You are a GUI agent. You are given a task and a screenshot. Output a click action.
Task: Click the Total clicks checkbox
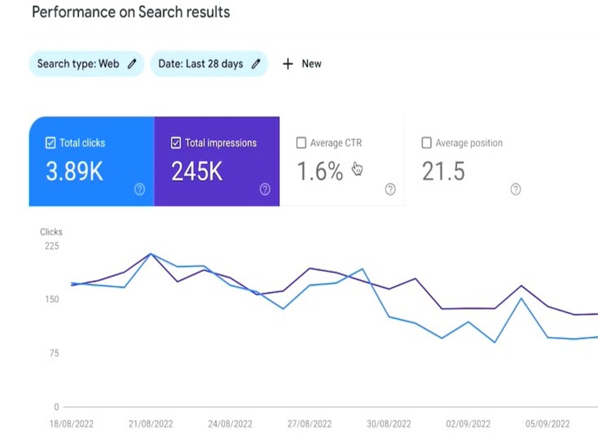pyautogui.click(x=50, y=143)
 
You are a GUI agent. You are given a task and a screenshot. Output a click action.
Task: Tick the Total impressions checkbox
pyautogui.click(x=176, y=143)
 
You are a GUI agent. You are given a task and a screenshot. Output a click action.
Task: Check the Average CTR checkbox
pyautogui.click(x=301, y=143)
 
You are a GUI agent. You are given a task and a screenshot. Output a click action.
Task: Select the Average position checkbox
pyautogui.click(x=426, y=143)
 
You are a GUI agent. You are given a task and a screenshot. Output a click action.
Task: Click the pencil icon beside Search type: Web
pyautogui.click(x=132, y=64)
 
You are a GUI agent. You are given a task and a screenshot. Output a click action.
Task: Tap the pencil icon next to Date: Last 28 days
pyautogui.click(x=256, y=64)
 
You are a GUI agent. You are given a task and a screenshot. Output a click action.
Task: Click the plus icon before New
pyautogui.click(x=288, y=64)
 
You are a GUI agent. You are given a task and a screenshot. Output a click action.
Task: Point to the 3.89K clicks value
pyautogui.click(x=74, y=171)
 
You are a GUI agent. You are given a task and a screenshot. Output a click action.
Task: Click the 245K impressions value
pyautogui.click(x=197, y=171)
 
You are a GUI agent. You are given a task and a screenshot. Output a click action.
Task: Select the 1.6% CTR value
pyautogui.click(x=320, y=171)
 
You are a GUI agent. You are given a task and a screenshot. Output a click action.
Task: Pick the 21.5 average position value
pyautogui.click(x=443, y=171)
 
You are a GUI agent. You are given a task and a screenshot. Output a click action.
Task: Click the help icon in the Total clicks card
pyautogui.click(x=139, y=189)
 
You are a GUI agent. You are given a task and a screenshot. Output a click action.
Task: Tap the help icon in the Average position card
pyautogui.click(x=515, y=189)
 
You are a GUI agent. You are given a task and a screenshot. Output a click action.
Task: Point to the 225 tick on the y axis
pyautogui.click(x=52, y=246)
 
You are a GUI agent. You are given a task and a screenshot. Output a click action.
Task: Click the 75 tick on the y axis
pyautogui.click(x=54, y=353)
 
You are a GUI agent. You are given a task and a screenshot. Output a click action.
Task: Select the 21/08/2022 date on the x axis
pyautogui.click(x=151, y=424)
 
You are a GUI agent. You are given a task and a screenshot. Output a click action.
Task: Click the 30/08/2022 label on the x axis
pyautogui.click(x=389, y=424)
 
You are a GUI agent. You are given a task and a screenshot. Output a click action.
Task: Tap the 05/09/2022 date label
pyautogui.click(x=548, y=424)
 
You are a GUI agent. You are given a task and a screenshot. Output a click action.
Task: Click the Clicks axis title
pyautogui.click(x=51, y=232)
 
